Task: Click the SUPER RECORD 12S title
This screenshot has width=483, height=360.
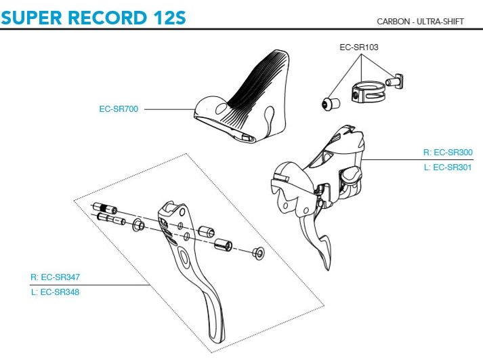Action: click(93, 16)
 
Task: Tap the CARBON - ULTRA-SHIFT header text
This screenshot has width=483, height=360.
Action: click(420, 21)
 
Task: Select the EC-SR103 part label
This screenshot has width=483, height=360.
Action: click(359, 48)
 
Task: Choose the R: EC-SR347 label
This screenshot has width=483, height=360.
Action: click(60, 277)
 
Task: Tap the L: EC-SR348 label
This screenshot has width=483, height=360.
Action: click(60, 292)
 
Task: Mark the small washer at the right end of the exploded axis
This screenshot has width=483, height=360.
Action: click(257, 254)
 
